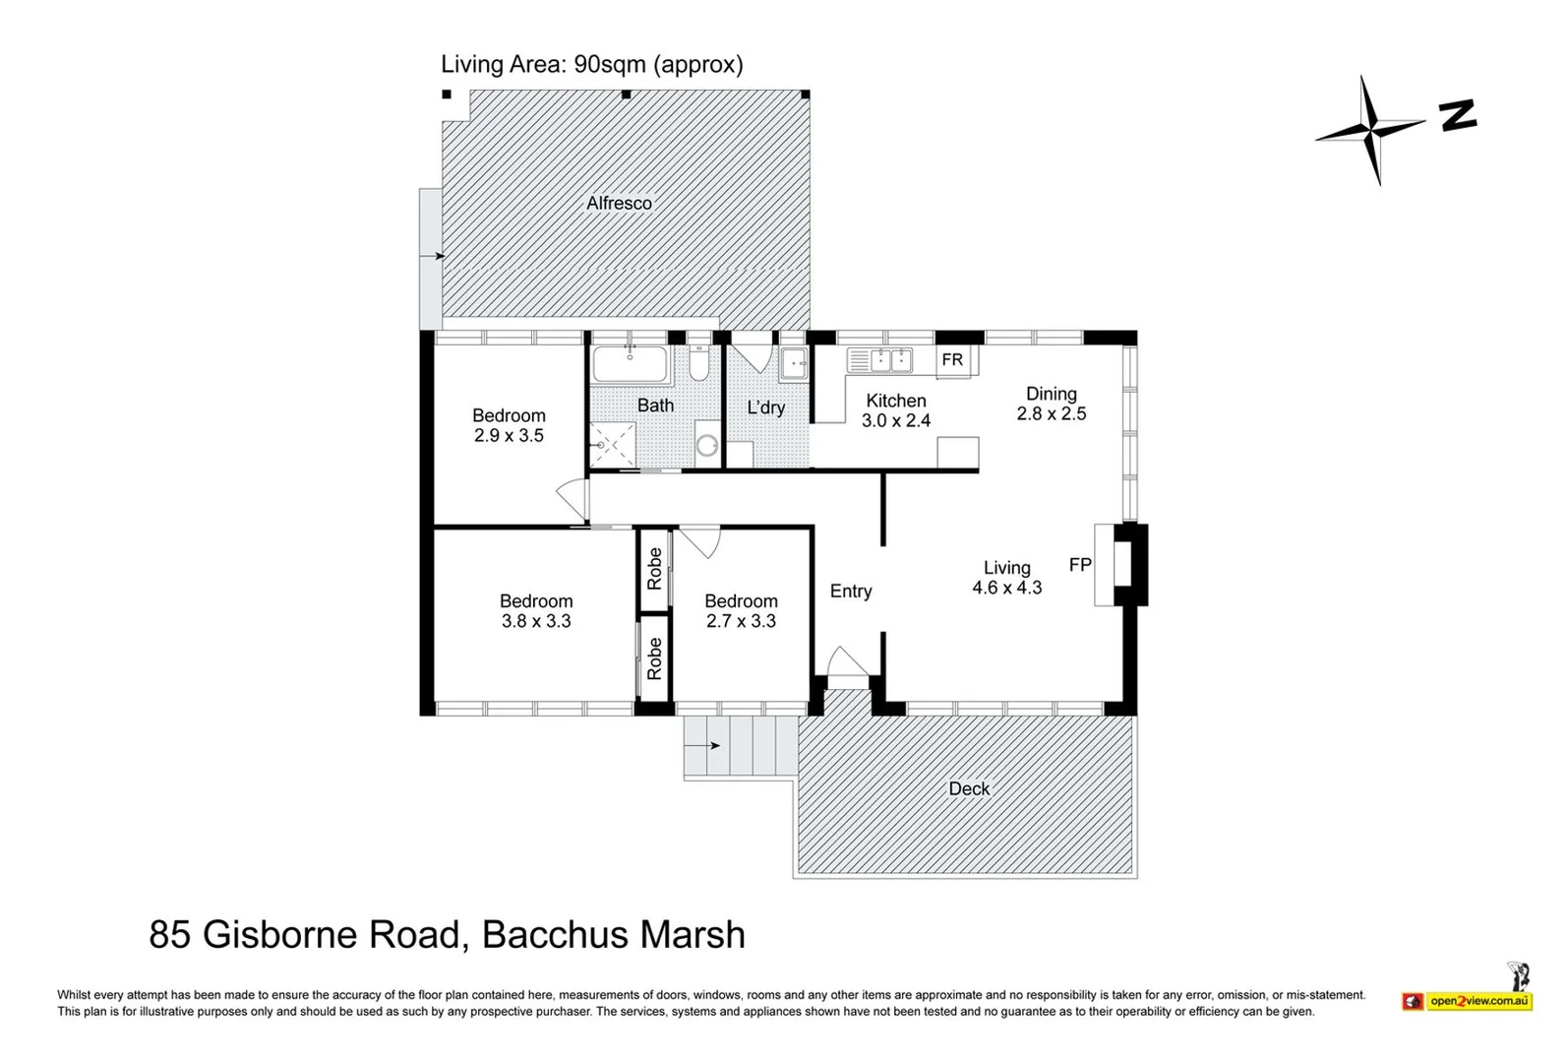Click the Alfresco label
click(619, 204)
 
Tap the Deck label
click(969, 788)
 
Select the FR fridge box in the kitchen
click(953, 360)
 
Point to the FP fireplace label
click(1080, 565)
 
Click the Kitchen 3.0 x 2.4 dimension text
click(895, 420)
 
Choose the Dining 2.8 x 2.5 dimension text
click(1051, 413)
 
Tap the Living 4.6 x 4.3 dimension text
click(1006, 588)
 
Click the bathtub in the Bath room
click(630, 365)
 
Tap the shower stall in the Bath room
click(612, 444)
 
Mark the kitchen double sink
click(879, 361)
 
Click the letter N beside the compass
click(1458, 115)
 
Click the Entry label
click(851, 592)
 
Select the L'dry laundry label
click(765, 407)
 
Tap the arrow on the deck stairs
click(716, 746)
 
